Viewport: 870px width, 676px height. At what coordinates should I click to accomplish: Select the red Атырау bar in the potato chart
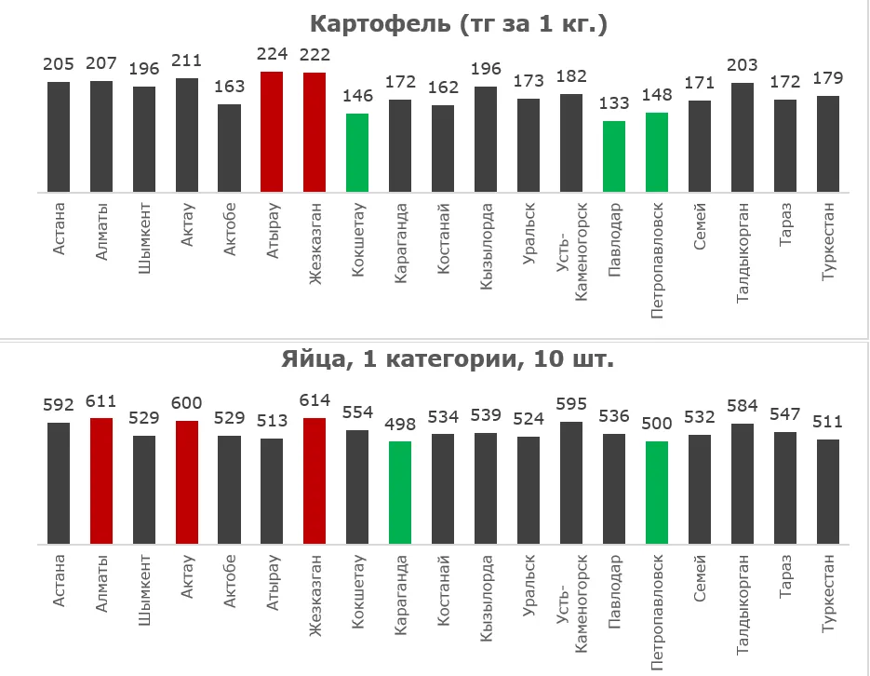(x=272, y=132)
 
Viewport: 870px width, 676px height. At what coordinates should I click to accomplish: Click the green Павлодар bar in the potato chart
(x=614, y=156)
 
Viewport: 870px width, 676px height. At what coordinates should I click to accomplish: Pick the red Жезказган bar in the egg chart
(x=315, y=480)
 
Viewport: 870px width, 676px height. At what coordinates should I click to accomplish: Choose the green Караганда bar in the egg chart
(x=400, y=492)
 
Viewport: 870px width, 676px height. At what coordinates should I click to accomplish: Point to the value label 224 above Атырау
(x=272, y=54)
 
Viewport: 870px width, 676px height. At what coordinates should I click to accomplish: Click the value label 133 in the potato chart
(x=614, y=102)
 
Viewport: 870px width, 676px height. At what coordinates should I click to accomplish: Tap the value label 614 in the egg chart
(x=315, y=400)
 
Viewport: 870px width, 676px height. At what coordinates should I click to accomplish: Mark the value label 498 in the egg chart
(x=400, y=424)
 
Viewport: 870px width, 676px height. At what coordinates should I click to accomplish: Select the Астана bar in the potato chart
(x=59, y=137)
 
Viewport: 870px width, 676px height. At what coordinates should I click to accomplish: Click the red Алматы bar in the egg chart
(x=101, y=480)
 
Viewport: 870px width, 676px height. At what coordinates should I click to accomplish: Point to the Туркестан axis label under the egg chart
(x=828, y=594)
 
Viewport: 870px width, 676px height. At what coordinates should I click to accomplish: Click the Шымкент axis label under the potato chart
(x=144, y=237)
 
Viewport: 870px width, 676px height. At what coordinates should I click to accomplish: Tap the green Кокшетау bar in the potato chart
(x=357, y=153)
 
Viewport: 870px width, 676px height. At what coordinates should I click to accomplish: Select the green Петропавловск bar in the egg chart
(x=657, y=492)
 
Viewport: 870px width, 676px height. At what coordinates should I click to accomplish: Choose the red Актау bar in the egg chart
(x=187, y=481)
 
